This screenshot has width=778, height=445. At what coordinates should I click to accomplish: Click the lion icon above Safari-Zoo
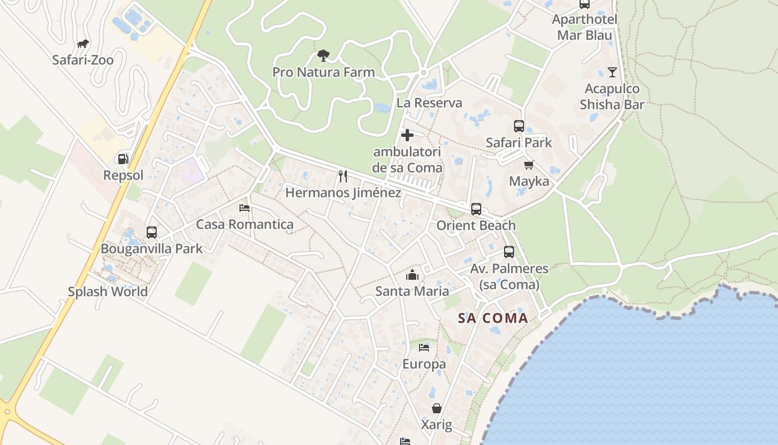83,44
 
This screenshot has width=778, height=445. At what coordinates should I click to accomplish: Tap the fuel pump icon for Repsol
123,159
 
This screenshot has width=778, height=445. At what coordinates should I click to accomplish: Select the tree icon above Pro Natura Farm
323,56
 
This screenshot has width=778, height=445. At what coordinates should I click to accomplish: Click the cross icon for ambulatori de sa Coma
407,135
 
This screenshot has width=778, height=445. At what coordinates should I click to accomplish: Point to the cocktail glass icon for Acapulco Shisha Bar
612,72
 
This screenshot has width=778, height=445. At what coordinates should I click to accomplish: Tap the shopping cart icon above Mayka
528,165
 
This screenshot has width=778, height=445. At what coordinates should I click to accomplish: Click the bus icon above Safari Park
519,126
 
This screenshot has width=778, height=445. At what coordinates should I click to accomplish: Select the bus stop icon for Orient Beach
476,209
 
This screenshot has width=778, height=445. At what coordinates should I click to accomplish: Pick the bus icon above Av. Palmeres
509,252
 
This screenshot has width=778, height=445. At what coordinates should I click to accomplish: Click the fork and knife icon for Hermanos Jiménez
343,176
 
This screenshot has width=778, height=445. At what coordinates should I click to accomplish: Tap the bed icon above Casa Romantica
245,208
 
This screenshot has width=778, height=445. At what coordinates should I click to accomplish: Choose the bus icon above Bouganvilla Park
152,233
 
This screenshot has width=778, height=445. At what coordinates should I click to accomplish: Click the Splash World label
108,291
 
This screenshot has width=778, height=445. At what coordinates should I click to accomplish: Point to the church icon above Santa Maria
412,275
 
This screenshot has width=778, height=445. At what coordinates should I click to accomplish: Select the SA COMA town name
493,318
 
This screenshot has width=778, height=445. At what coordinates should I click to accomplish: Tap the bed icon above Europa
424,348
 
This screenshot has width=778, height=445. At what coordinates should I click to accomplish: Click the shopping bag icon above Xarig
437,408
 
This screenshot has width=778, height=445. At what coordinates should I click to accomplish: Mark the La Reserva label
429,103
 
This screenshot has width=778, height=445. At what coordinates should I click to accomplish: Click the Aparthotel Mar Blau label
585,27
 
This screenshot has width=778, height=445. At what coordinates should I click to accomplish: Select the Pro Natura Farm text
323,72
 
